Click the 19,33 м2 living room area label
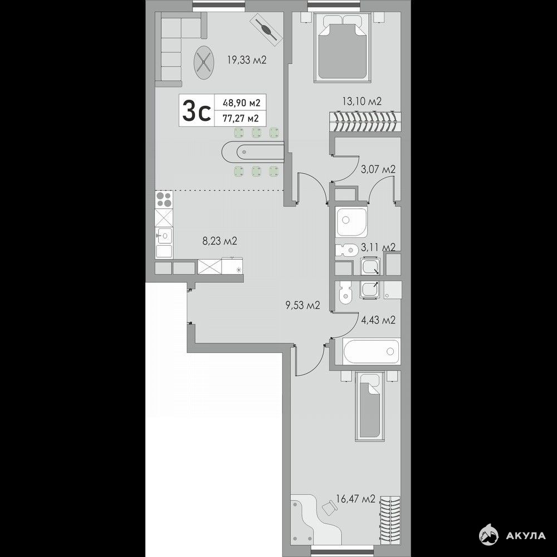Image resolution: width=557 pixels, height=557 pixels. coord(247,60)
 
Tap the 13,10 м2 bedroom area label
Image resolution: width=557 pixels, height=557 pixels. coord(362,101)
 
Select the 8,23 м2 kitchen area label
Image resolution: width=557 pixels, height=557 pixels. coord(219,241)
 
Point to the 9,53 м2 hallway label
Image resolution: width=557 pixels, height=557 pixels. coord(303,305)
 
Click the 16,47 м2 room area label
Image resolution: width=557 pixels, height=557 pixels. coord(355,499)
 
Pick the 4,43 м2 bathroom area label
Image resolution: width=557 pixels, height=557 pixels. coord(378,320)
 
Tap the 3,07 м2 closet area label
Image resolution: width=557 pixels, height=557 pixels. coord(378,169)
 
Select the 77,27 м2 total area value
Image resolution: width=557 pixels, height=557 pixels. coord(241,118)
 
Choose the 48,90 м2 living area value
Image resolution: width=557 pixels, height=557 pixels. coord(242,103)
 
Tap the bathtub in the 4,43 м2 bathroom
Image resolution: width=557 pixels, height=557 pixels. coord(371,351)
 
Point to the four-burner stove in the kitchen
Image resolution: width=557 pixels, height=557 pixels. coord(164,199)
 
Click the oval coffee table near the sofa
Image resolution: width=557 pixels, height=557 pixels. coord(204,61)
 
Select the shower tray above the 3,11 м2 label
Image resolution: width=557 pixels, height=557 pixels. coord(351,222)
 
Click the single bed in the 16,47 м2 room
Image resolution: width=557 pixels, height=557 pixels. coord(369,407)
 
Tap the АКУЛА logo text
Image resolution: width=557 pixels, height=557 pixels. coord(526,535)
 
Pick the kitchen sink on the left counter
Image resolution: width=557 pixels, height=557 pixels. coord(164,235)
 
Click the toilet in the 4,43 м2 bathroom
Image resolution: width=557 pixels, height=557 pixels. coord(345,293)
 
